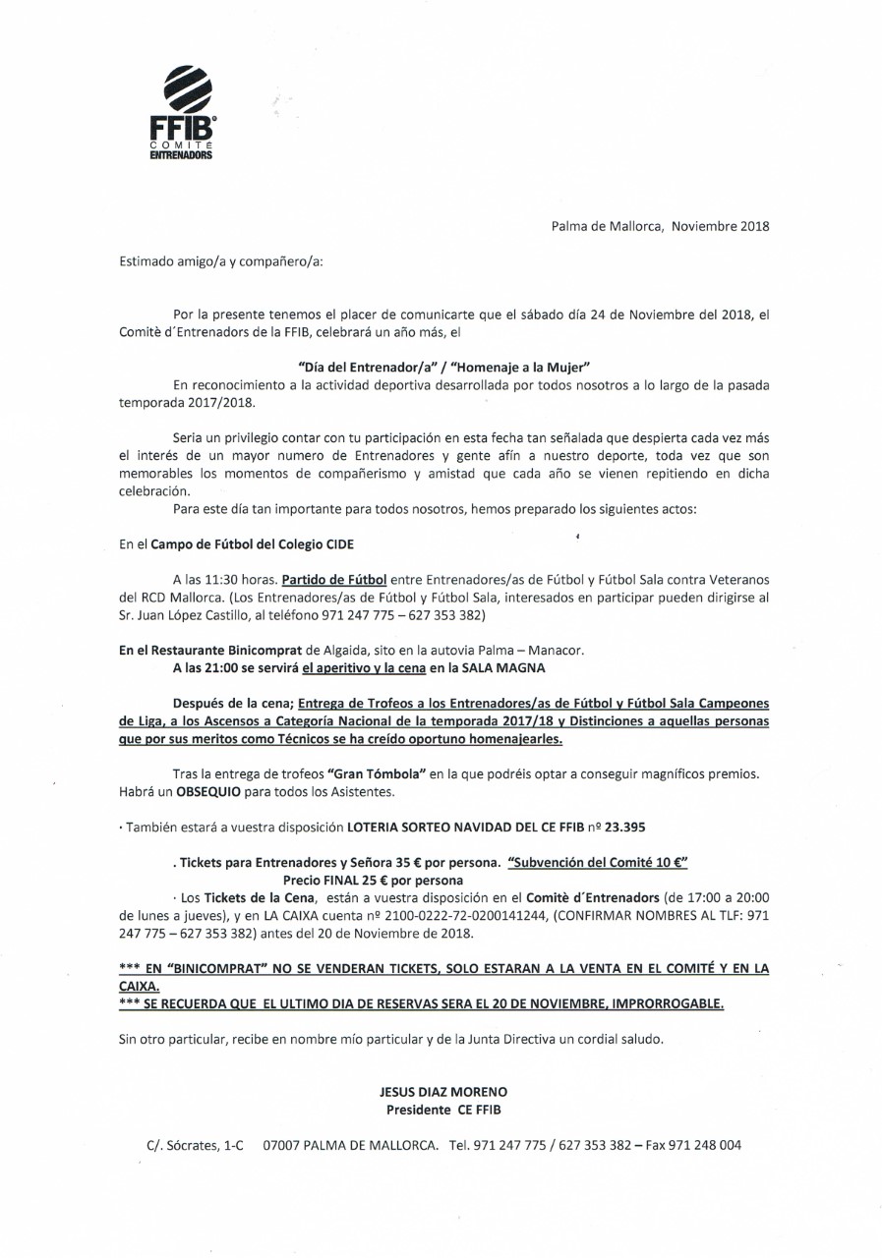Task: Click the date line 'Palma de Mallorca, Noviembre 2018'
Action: coord(660,225)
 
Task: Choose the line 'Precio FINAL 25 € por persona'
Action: coord(373,881)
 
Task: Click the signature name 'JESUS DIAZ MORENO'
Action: coord(443,1092)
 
